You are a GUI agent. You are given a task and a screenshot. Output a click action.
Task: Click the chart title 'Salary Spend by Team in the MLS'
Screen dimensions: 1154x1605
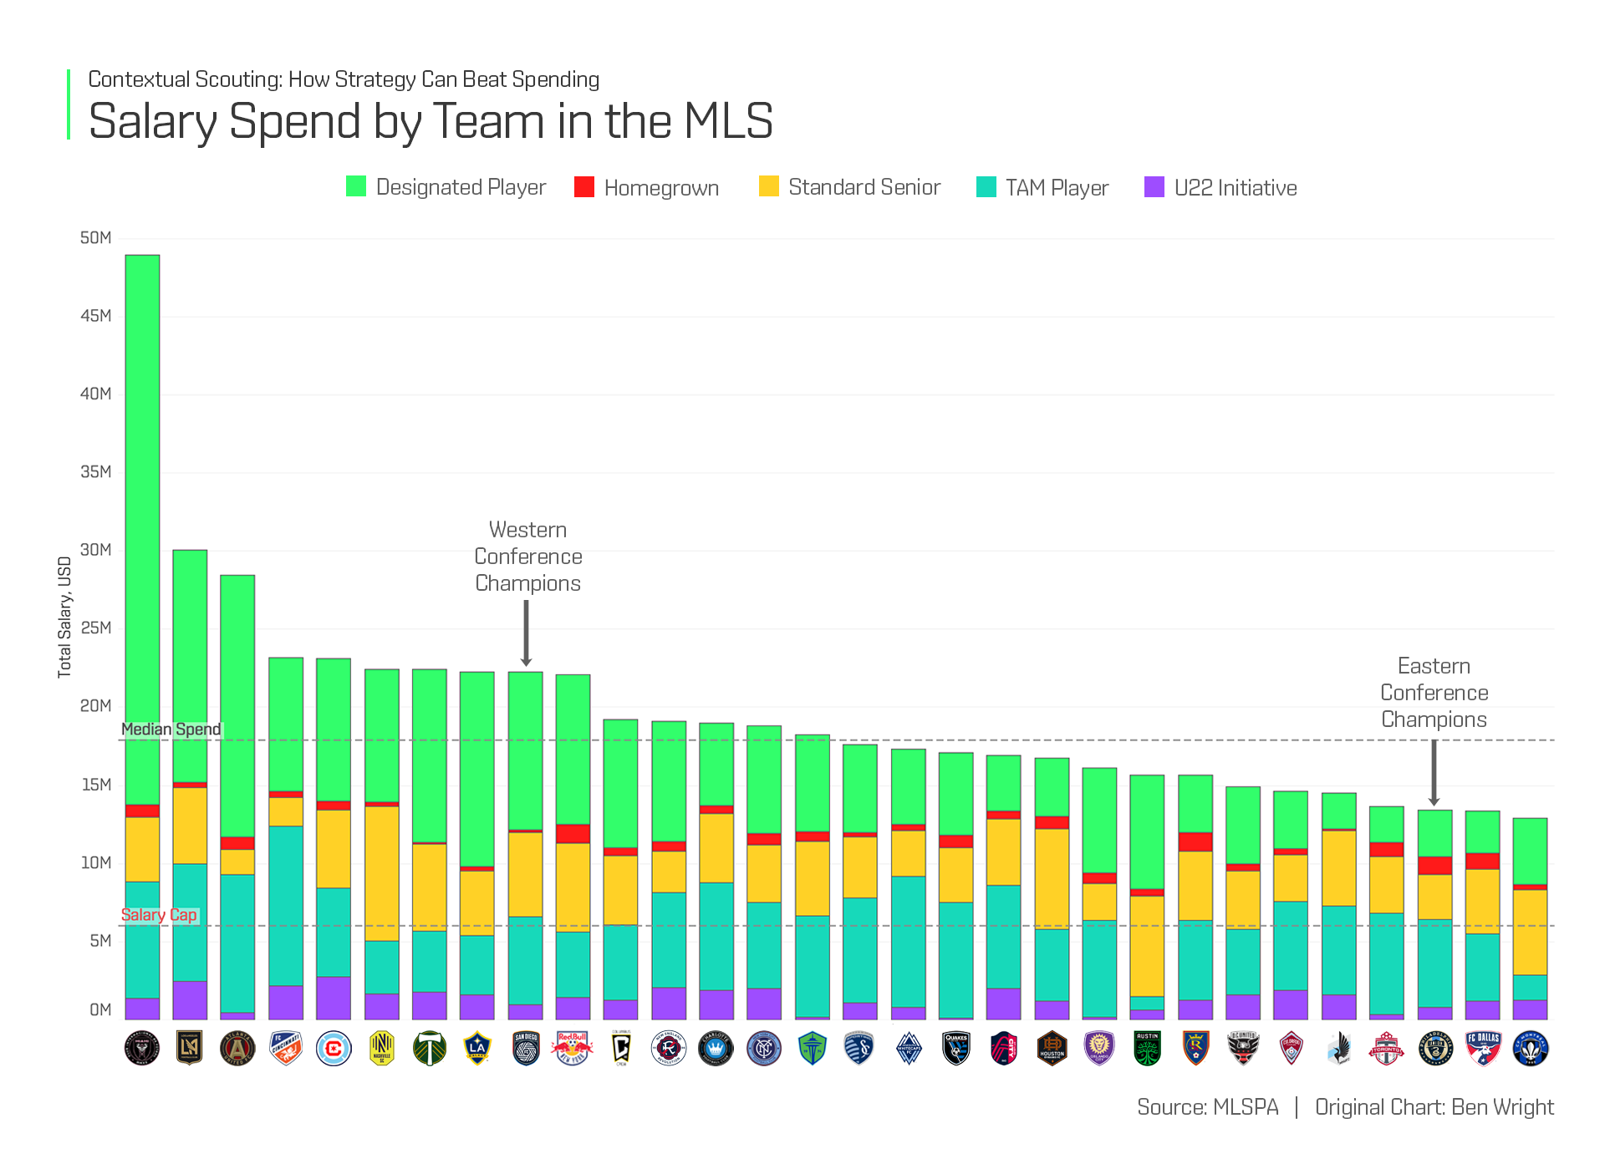(431, 122)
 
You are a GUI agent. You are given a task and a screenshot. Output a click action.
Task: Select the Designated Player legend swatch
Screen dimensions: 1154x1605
(356, 186)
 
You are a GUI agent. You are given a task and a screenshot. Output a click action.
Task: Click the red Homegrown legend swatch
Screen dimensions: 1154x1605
(584, 186)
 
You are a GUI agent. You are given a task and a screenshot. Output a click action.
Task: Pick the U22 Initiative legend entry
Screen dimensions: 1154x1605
(1220, 187)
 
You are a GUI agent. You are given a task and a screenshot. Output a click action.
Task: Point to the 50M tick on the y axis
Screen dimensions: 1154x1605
(96, 238)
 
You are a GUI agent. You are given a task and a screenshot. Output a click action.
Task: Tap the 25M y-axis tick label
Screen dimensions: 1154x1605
(96, 628)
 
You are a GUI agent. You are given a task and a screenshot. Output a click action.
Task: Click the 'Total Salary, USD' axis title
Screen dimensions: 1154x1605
(64, 617)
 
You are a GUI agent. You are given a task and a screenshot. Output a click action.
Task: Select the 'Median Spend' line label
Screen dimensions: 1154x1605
(171, 730)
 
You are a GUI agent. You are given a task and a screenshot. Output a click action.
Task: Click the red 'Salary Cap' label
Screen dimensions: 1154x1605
(159, 915)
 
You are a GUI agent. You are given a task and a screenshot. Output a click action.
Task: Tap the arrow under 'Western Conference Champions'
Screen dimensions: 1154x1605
(526, 633)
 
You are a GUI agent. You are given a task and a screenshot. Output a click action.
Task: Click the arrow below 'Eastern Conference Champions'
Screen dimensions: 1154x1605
(1434, 773)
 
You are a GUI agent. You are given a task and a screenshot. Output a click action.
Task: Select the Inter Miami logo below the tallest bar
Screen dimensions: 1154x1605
(142, 1048)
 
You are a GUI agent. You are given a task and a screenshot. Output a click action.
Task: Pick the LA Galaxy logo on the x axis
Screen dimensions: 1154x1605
(477, 1048)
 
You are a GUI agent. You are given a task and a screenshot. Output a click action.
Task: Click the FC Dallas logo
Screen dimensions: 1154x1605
(1483, 1048)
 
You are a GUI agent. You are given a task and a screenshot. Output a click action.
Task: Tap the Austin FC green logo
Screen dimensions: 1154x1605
(1147, 1048)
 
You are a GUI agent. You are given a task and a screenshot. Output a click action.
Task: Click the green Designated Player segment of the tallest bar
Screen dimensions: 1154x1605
(142, 526)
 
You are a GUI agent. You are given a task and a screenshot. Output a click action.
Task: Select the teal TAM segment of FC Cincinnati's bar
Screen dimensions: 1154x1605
(286, 906)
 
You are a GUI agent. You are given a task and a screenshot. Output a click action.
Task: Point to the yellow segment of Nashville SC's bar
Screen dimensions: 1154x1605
(382, 873)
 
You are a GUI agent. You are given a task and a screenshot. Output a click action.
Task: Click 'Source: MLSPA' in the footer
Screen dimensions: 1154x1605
(1207, 1107)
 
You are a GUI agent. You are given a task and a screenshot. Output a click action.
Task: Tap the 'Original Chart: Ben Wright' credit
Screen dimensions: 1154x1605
(1434, 1107)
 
